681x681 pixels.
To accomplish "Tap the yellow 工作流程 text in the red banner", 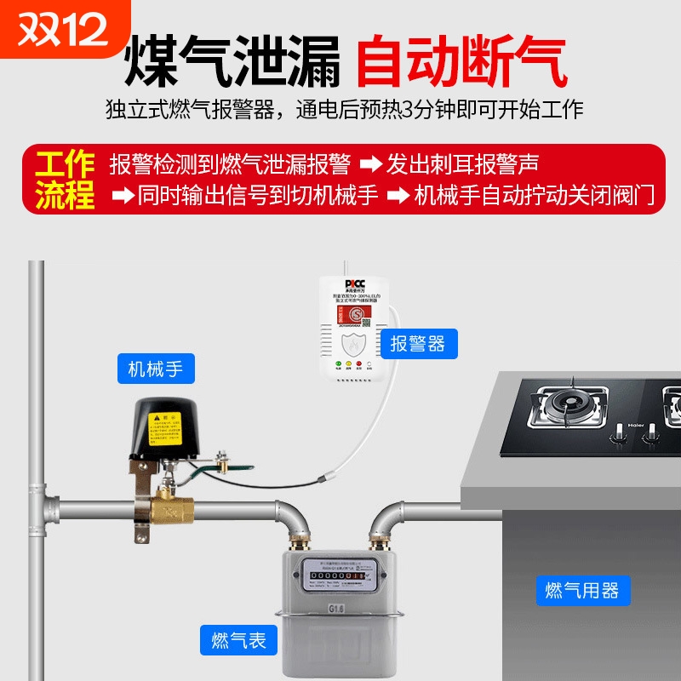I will click(x=65, y=179).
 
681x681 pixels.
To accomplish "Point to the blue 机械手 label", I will click(x=156, y=369).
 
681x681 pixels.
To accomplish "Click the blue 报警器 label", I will click(x=418, y=343).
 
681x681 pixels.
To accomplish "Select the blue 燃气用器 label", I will click(x=582, y=589).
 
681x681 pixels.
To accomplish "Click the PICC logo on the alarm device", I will click(x=354, y=283).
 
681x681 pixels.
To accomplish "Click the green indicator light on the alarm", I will click(x=339, y=367).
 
